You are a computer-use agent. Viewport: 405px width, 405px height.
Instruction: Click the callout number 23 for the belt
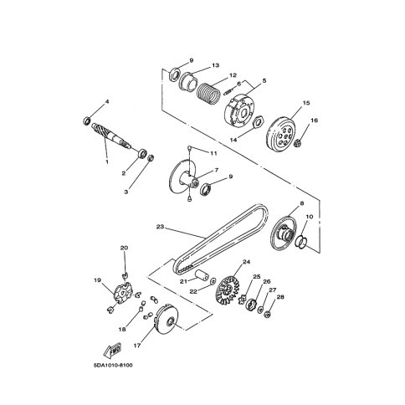tap(160, 227)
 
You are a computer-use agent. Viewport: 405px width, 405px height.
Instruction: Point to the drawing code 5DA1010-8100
tap(113, 366)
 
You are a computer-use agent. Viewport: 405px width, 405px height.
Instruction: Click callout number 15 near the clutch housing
tap(306, 103)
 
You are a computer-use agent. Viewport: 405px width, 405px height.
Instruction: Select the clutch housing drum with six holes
tap(280, 135)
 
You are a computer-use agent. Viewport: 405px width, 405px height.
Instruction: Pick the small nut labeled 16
tap(298, 144)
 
